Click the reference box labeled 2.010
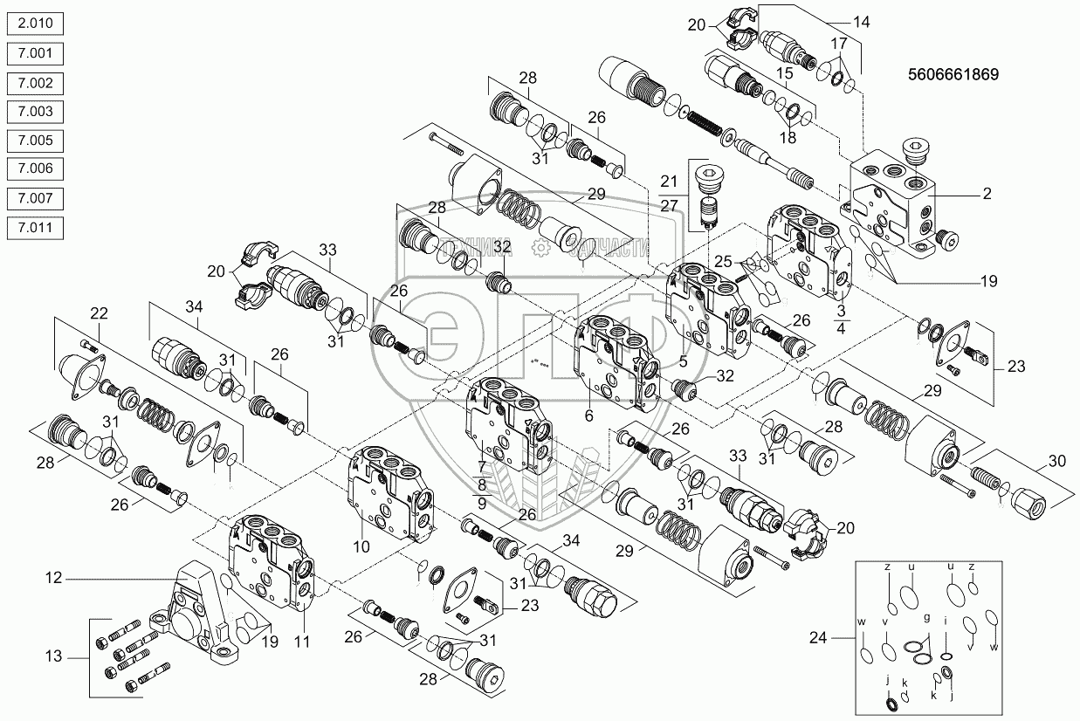(x=34, y=25)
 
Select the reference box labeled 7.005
(x=34, y=141)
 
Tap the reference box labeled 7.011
(x=34, y=227)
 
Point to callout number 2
(x=987, y=195)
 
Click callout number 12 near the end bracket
(x=54, y=577)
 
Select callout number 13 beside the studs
(x=54, y=656)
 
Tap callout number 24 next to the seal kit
(x=817, y=637)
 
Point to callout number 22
(x=99, y=312)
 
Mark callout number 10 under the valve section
(x=361, y=546)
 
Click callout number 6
(x=589, y=417)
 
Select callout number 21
(x=669, y=181)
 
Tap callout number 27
(x=669, y=206)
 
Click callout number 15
(x=783, y=74)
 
